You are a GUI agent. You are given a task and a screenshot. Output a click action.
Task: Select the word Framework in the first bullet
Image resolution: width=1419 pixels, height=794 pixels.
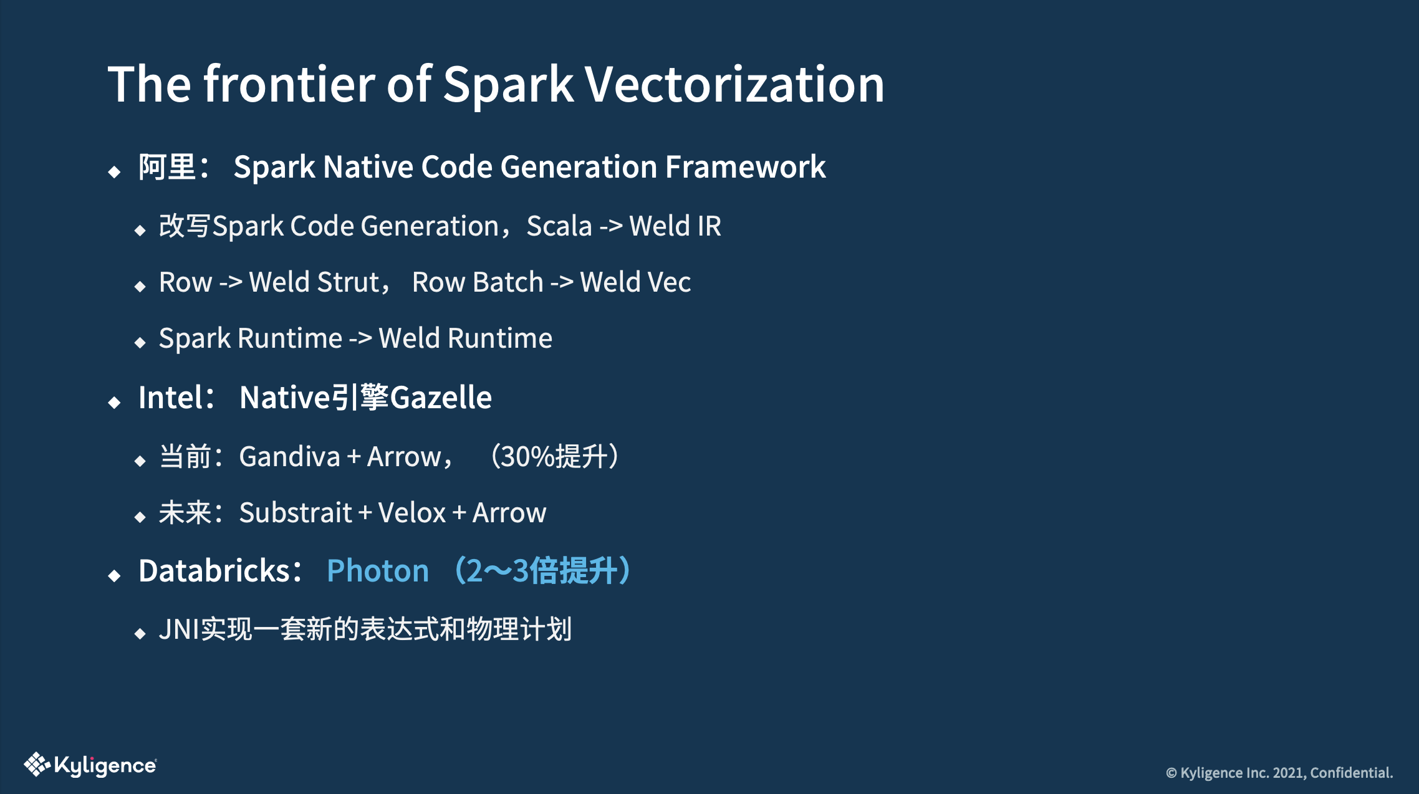point(745,167)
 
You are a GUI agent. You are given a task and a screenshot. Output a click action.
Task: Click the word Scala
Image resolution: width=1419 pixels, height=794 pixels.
point(559,226)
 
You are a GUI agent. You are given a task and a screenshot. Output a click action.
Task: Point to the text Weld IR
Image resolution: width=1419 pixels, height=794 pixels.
point(675,226)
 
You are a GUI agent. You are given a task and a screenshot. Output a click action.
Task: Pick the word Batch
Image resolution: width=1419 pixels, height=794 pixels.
point(508,282)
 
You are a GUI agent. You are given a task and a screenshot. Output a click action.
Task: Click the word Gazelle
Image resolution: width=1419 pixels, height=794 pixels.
point(441,398)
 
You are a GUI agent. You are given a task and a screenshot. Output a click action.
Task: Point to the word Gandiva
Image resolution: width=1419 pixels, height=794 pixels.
point(290,457)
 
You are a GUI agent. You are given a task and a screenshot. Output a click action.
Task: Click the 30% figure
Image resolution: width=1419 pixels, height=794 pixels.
point(527,457)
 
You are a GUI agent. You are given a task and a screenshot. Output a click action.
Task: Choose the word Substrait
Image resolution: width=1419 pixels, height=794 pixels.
point(296,513)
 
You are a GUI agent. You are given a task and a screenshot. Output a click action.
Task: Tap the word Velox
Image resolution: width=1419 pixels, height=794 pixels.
point(411,513)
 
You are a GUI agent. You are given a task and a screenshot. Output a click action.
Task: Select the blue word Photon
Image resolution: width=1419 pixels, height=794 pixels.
point(378,571)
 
